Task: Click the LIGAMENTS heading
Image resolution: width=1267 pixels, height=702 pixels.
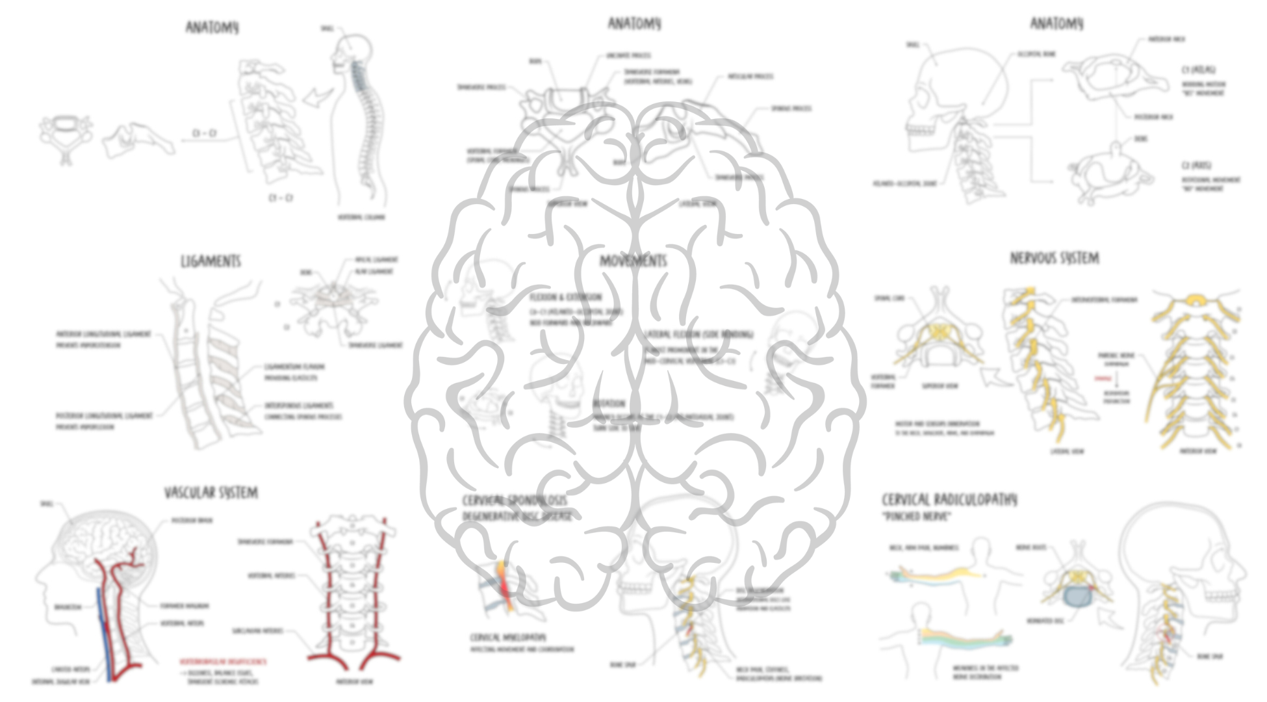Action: click(x=211, y=261)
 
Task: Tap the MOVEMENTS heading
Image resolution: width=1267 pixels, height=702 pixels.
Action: click(x=633, y=261)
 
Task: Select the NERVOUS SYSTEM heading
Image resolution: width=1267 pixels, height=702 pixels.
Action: click(x=1054, y=258)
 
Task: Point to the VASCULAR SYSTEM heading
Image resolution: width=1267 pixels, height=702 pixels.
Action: click(x=211, y=493)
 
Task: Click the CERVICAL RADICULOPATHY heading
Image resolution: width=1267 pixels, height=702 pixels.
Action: click(x=949, y=499)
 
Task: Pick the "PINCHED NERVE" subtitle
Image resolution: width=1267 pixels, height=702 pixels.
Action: click(x=916, y=517)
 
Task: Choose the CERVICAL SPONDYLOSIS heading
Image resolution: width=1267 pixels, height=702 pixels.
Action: click(x=515, y=500)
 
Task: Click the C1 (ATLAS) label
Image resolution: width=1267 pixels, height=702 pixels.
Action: click(x=1199, y=70)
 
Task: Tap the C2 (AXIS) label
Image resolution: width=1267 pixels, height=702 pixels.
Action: click(x=1196, y=165)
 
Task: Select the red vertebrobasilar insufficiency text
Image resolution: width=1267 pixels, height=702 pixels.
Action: click(x=223, y=661)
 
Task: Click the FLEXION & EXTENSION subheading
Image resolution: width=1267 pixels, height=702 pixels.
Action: click(x=565, y=297)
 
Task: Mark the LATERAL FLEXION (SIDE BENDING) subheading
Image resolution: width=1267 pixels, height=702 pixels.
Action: click(x=699, y=334)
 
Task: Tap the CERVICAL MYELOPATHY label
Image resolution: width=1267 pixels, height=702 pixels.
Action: click(x=508, y=637)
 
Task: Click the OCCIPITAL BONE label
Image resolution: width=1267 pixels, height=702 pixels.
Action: click(x=1036, y=55)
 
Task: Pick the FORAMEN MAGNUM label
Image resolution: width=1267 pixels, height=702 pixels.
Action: click(x=185, y=606)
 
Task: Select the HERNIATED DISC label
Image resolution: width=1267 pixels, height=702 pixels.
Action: click(x=1045, y=621)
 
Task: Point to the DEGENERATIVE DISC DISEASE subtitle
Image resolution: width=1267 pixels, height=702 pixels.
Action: click(x=517, y=516)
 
